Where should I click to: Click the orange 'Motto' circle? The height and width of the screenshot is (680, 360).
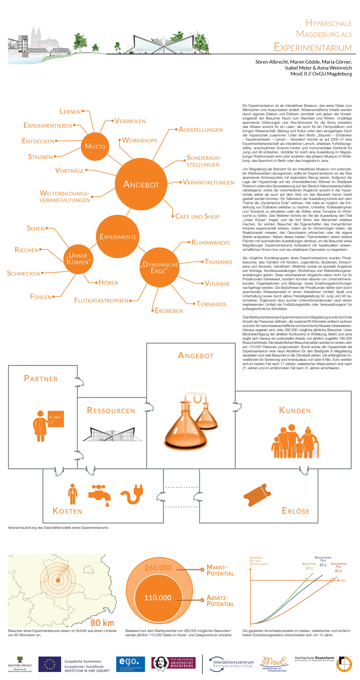pyautogui.click(x=95, y=146)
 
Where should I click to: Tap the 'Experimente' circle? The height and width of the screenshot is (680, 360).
pyautogui.click(x=118, y=237)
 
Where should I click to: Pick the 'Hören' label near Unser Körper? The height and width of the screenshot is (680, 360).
pyautogui.click(x=108, y=283)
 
